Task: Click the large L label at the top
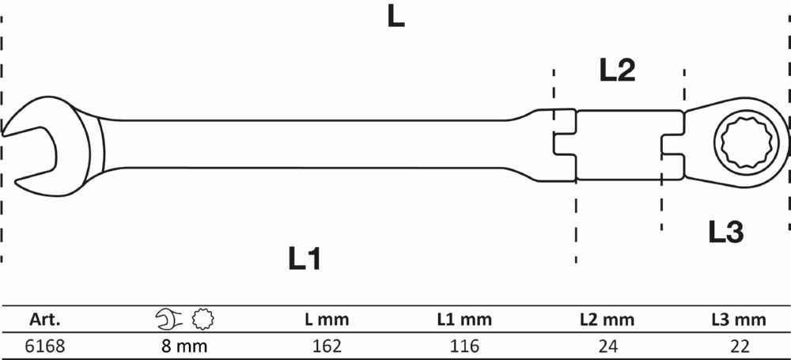pyautogui.click(x=395, y=18)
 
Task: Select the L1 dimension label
pyautogui.click(x=305, y=259)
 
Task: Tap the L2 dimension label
pyautogui.click(x=617, y=71)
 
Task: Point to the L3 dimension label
pyautogui.click(x=725, y=232)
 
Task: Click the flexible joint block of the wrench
pyautogui.click(x=618, y=144)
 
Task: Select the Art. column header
pyautogui.click(x=45, y=320)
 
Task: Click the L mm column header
pyautogui.click(x=327, y=320)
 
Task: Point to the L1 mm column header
pyautogui.click(x=464, y=320)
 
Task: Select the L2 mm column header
pyautogui.click(x=607, y=320)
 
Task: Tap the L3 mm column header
pyautogui.click(x=738, y=320)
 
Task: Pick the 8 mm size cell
pyautogui.click(x=184, y=346)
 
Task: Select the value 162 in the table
pyautogui.click(x=327, y=346)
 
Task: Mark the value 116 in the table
pyautogui.click(x=464, y=346)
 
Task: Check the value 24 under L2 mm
pyautogui.click(x=607, y=346)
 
